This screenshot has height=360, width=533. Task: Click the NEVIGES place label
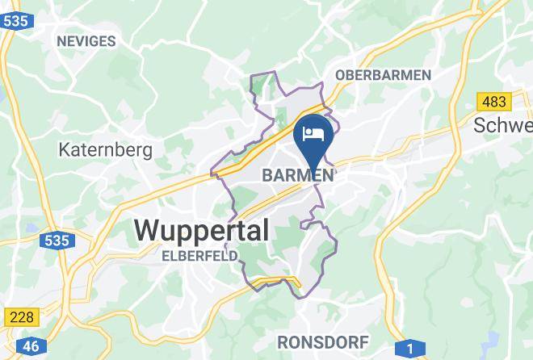(85, 40)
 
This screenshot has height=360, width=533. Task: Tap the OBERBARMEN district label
(383, 74)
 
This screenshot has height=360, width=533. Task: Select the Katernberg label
(94, 149)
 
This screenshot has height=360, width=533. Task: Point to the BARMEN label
(297, 175)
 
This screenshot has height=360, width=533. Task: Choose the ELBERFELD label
(199, 256)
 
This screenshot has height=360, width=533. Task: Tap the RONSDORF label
(322, 341)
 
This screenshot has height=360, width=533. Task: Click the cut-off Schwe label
(503, 126)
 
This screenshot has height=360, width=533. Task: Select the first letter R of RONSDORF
(281, 341)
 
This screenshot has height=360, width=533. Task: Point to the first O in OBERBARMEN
(340, 74)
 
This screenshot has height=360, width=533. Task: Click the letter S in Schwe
(481, 126)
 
